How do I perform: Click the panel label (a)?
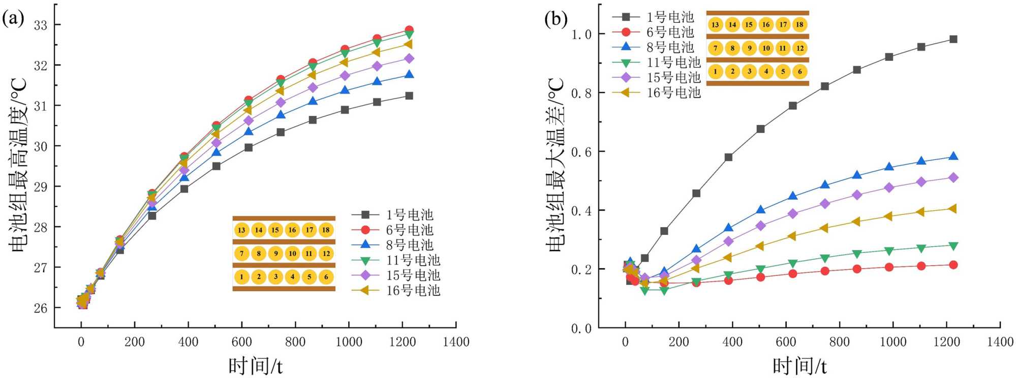(x=13, y=19)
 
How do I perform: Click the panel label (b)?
(x=556, y=19)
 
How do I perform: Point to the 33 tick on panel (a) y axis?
(x=40, y=25)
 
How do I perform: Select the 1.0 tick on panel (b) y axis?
(x=581, y=35)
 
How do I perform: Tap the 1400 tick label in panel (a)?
(x=456, y=342)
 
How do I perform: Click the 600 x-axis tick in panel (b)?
(x=786, y=342)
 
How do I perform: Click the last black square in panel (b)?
(x=953, y=39)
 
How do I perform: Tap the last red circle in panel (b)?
(x=953, y=265)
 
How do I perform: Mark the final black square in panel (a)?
(x=409, y=96)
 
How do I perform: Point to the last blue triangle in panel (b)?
(x=953, y=156)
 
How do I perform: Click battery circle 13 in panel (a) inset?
(x=241, y=230)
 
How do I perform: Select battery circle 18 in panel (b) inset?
(x=799, y=24)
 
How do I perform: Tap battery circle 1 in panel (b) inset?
(x=715, y=71)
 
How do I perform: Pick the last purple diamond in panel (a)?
(x=409, y=58)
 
